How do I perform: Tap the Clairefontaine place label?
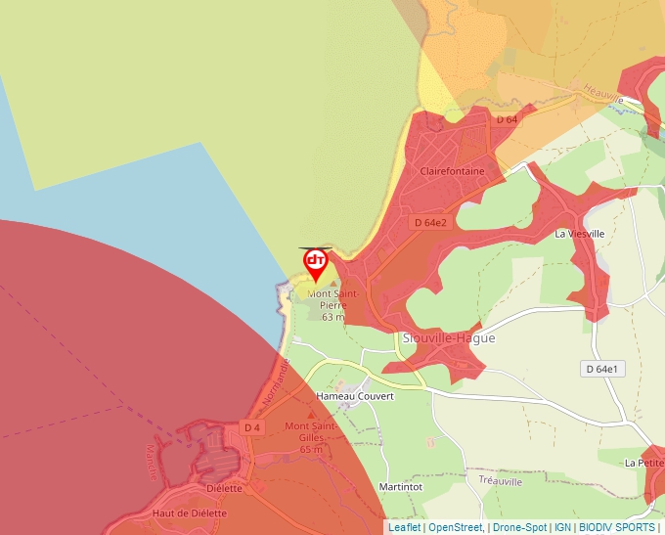(452, 171)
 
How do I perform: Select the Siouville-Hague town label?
(449, 338)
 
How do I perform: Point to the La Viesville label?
(580, 234)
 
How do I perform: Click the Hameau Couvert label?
(355, 396)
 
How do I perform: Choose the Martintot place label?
(399, 486)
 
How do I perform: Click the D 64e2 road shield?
(430, 223)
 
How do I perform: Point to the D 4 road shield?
(252, 427)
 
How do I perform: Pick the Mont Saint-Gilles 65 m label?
(311, 437)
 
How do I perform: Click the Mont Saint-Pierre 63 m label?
(333, 304)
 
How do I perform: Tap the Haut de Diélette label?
(189, 513)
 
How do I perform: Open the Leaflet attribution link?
(404, 527)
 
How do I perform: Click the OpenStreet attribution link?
(455, 527)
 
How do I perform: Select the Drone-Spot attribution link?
(520, 527)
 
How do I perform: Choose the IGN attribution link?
(563, 527)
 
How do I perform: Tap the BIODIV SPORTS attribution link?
(617, 527)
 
